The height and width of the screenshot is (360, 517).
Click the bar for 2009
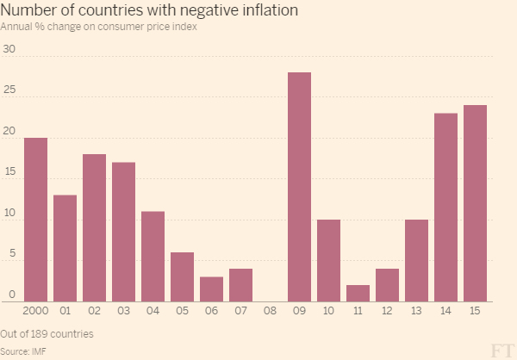[299, 187]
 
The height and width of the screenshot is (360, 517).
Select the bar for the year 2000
[35, 220]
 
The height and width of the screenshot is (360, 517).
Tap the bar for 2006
[211, 289]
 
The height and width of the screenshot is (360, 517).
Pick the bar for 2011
[358, 294]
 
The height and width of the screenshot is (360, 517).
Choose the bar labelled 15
[475, 203]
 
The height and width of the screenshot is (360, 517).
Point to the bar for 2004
[153, 257]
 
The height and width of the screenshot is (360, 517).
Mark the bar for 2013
[416, 261]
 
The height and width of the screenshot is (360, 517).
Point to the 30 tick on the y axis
[9, 49]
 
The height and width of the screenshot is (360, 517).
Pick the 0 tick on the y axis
[12, 295]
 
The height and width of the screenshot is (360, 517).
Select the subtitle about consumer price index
[98, 27]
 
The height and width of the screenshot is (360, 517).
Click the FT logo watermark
[501, 348]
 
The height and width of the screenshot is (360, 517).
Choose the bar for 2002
[94, 228]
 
